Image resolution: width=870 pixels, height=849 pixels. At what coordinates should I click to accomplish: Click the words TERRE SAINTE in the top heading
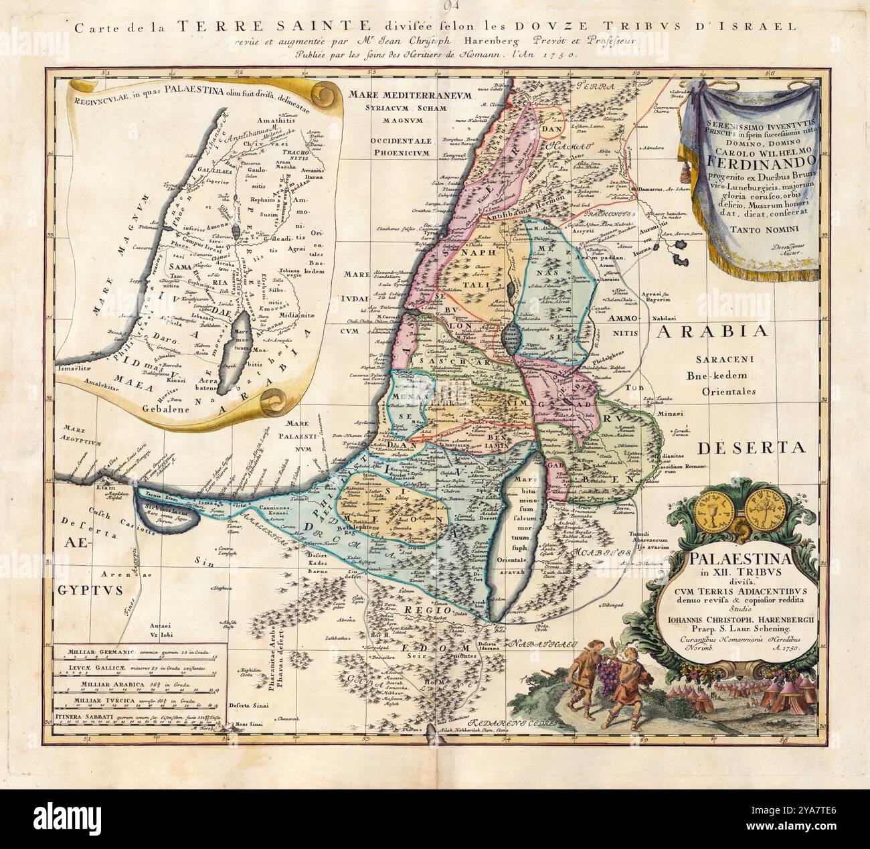(270, 27)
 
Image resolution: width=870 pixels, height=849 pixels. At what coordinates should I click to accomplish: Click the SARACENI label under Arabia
(719, 360)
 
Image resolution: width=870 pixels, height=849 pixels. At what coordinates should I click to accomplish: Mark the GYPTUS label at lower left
(95, 590)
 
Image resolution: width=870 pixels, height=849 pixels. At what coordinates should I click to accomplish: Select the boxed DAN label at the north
(555, 131)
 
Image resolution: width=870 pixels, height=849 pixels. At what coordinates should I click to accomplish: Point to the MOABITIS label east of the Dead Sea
(602, 553)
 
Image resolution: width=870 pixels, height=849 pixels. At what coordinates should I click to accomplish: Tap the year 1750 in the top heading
(551, 57)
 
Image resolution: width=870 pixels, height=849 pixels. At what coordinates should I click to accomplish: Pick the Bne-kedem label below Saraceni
(719, 376)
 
